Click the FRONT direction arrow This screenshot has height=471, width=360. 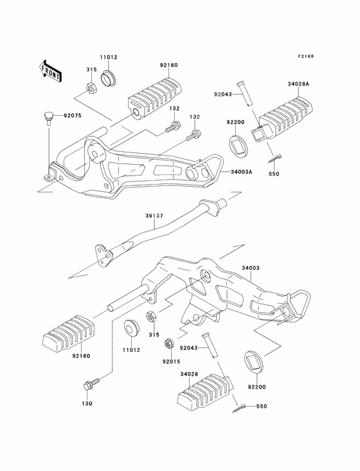50,71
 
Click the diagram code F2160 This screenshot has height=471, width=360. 306,56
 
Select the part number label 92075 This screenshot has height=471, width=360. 72,116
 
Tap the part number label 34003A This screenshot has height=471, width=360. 242,172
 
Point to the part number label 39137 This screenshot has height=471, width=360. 154,216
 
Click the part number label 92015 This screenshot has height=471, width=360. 171,362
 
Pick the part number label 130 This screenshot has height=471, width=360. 87,403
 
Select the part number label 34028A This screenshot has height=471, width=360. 298,84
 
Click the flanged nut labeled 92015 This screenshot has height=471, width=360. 168,344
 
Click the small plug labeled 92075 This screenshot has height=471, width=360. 48,118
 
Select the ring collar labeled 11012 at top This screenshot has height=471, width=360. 109,78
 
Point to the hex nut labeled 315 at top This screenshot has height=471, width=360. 90,87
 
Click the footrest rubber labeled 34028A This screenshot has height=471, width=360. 282,118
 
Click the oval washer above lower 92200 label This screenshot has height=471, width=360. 255,361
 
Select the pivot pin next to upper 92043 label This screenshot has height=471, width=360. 244,93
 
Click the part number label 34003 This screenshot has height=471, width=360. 251,268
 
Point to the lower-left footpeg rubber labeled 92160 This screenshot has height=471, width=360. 68,333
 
